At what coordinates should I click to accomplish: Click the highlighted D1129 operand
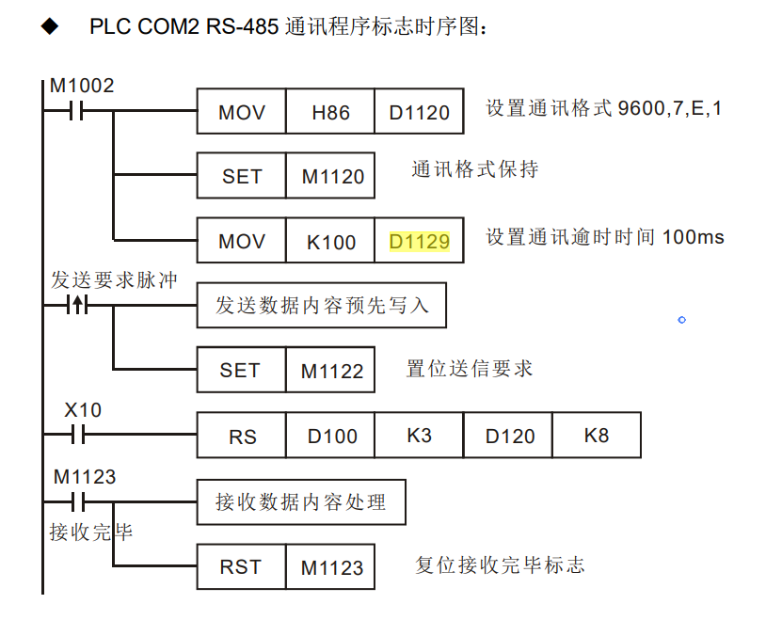[x=419, y=241]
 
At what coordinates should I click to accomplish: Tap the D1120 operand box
[x=419, y=113]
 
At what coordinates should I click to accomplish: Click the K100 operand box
[x=330, y=241]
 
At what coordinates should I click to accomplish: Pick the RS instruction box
[x=242, y=436]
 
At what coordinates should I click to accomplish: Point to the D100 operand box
[x=330, y=436]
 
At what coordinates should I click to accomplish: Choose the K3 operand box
[x=419, y=436]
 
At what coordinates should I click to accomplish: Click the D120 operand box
[x=508, y=436]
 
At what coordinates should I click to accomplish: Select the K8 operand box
[x=597, y=436]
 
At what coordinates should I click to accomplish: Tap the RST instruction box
[x=241, y=567]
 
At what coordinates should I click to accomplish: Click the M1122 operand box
[x=330, y=371]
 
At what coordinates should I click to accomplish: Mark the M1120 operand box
[x=330, y=176]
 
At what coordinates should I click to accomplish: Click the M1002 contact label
[x=81, y=86]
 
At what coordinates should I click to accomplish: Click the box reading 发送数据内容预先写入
[x=320, y=307]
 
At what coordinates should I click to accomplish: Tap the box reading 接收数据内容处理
[x=301, y=502]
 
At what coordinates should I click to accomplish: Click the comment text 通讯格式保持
[x=475, y=170]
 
